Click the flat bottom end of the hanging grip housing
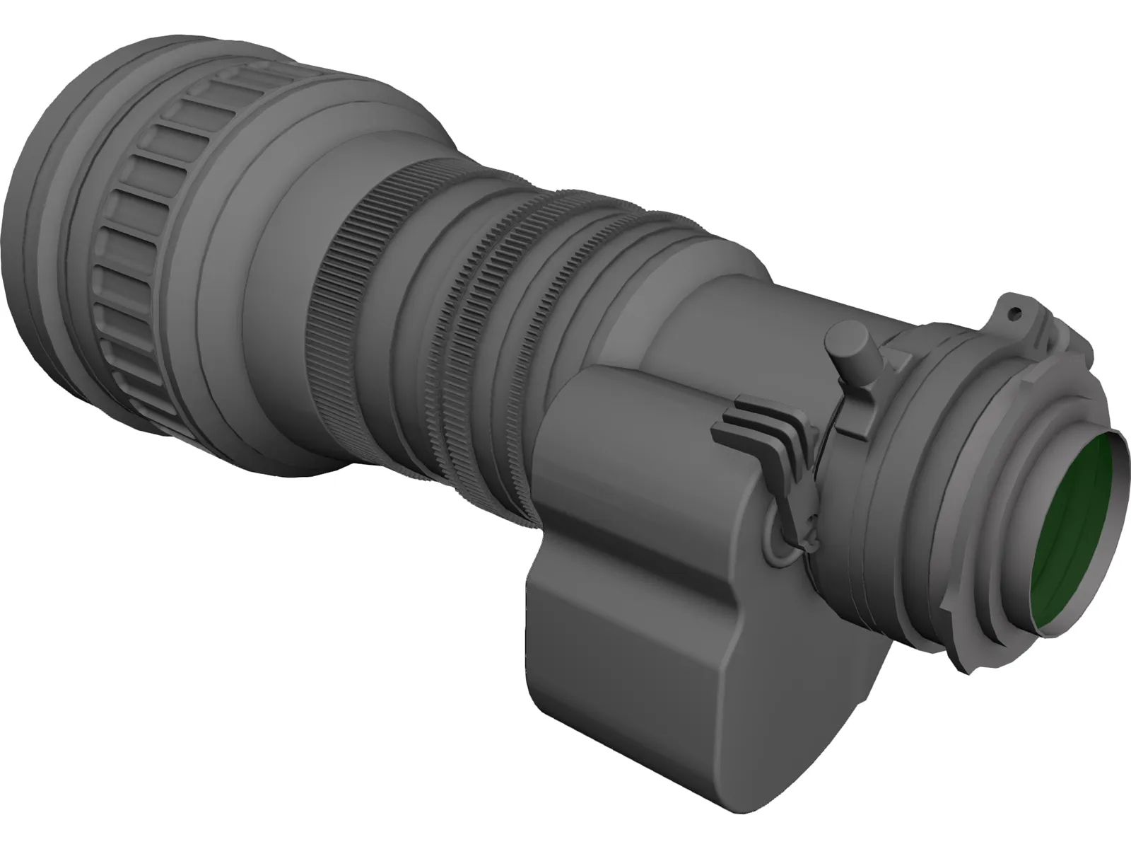622,736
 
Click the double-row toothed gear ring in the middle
488,333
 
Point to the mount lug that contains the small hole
1018,318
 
